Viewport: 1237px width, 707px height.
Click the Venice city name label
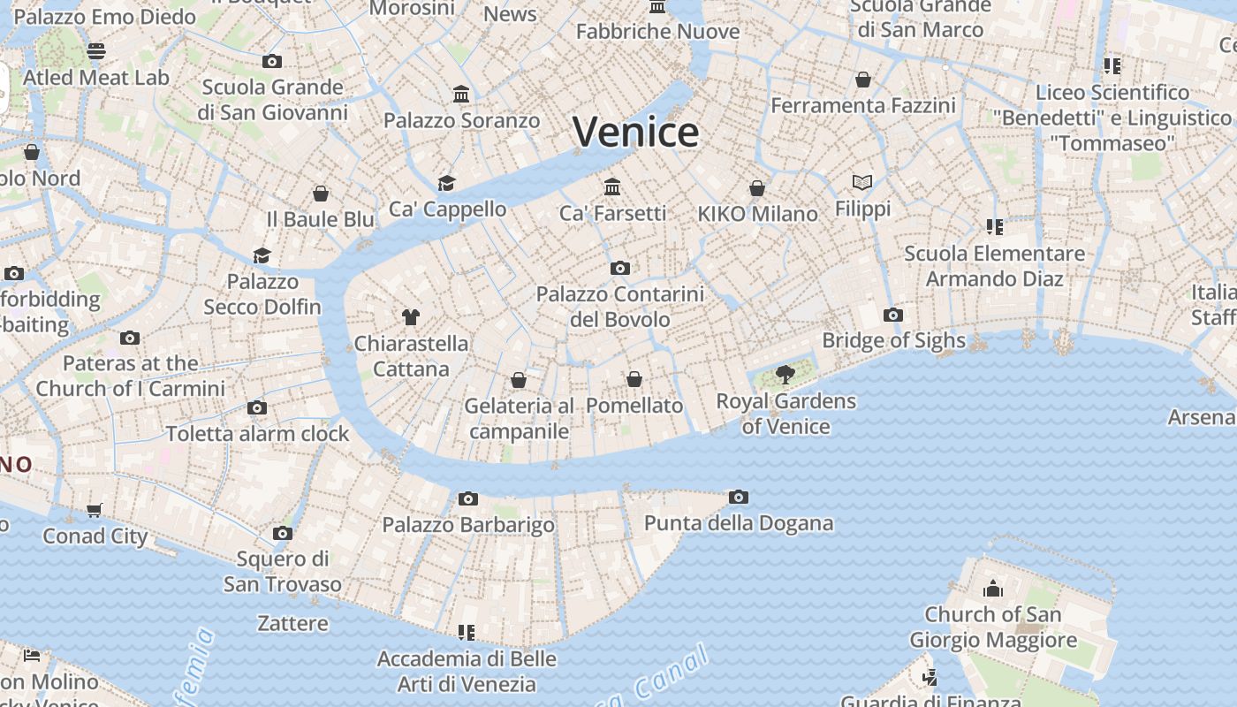click(635, 133)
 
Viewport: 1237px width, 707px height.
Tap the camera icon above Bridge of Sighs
click(892, 315)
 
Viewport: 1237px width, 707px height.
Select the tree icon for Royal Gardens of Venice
click(785, 375)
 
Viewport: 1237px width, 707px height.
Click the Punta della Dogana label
click(739, 523)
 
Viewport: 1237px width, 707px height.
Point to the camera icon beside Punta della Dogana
click(739, 498)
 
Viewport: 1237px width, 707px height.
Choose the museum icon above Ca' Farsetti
click(612, 186)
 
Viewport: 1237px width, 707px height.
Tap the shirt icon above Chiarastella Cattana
click(410, 317)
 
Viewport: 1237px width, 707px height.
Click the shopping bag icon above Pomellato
click(634, 380)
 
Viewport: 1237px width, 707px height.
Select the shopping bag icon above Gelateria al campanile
click(519, 381)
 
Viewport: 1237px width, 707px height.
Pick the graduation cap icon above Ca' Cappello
click(446, 183)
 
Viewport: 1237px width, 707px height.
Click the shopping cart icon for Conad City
click(95, 510)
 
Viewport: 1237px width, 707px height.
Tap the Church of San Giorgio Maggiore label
click(993, 627)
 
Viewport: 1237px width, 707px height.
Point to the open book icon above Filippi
click(862, 183)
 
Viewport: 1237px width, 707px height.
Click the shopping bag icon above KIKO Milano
click(757, 188)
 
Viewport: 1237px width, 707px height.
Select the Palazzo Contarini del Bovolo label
click(620, 307)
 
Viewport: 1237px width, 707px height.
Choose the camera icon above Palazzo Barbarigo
click(468, 499)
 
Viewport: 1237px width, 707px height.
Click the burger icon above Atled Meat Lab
click(96, 51)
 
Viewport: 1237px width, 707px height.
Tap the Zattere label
click(292, 624)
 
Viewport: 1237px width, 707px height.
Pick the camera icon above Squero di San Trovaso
click(283, 533)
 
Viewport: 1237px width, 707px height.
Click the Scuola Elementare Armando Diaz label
click(994, 266)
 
